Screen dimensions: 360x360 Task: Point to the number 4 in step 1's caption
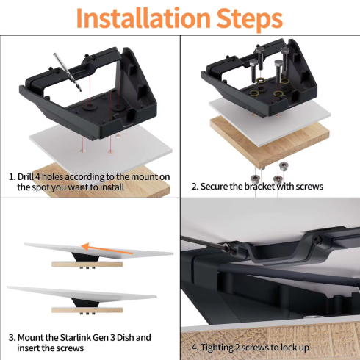tap(47, 176)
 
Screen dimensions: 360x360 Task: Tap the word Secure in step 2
tap(217, 187)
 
